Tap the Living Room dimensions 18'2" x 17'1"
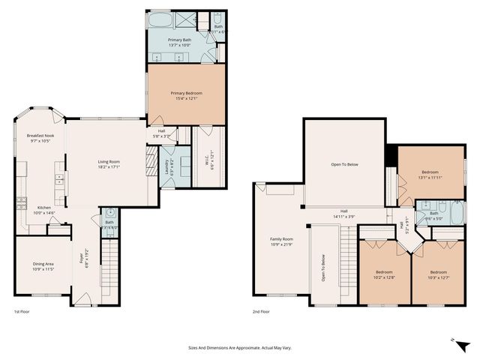click(x=109, y=167)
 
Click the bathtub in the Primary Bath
click(x=161, y=18)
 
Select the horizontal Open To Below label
click(x=344, y=164)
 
